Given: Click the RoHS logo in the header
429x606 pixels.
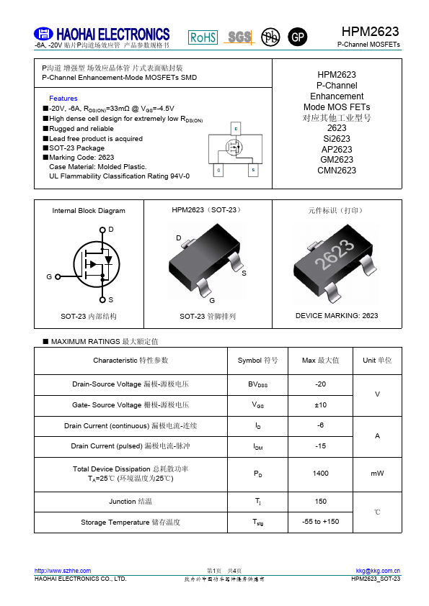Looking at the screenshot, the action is tap(203, 37).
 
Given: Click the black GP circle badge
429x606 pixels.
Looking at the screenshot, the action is tap(297, 37).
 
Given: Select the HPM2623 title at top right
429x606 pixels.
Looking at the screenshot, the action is tap(371, 32).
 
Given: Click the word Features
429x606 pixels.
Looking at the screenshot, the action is tap(63, 98).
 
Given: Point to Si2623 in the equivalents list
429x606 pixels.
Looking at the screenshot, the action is tap(337, 139).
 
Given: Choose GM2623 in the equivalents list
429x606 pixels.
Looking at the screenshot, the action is tap(337, 160).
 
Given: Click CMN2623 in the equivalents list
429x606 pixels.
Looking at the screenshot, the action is tap(337, 171).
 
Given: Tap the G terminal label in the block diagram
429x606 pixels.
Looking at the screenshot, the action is tap(49, 276).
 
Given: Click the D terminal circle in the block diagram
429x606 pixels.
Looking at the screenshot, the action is tap(102, 230).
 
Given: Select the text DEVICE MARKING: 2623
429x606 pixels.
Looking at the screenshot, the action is tap(337, 316).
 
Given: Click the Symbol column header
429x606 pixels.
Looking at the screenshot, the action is tap(257, 360).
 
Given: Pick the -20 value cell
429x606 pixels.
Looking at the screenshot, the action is tap(321, 384).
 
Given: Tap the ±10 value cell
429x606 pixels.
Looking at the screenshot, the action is tap(321, 405).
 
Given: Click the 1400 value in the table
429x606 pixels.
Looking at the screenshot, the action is tap(321, 474).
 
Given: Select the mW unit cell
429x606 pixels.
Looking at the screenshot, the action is tap(377, 474).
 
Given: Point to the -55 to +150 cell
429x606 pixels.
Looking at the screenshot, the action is tap(321, 521).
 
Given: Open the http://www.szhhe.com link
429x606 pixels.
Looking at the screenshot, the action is tap(63, 571).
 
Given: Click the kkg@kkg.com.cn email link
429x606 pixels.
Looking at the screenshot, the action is tap(378, 571).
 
